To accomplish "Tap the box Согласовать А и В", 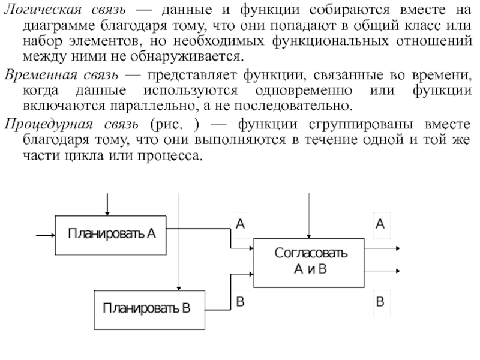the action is (x=309, y=261).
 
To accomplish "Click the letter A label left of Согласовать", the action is (x=240, y=224).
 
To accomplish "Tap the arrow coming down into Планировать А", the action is (x=107, y=204).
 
